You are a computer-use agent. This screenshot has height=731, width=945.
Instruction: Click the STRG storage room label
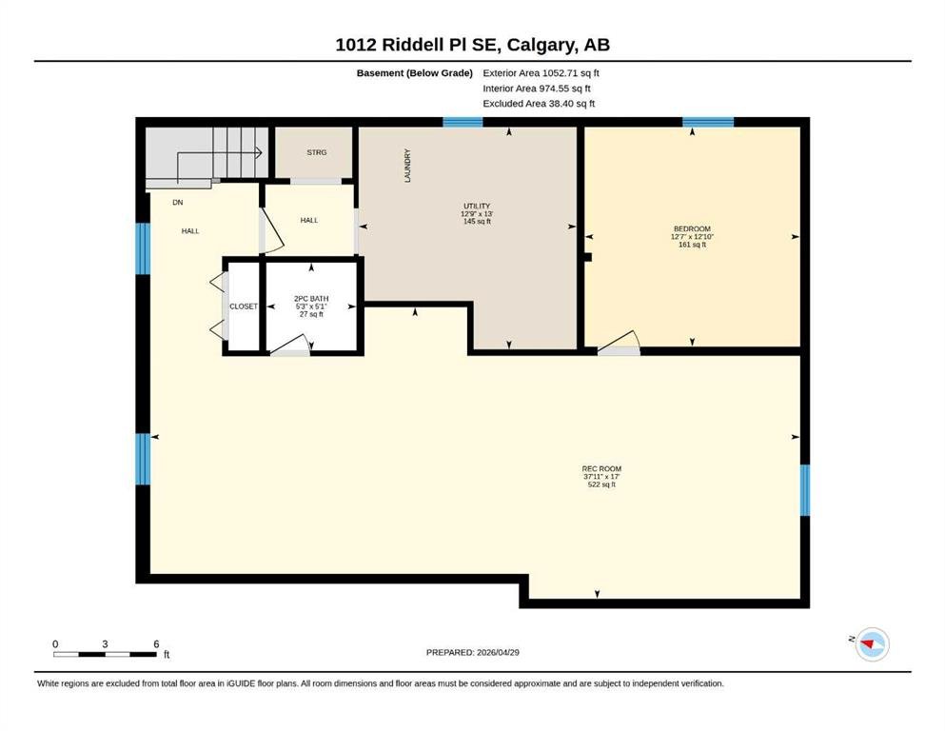point(316,152)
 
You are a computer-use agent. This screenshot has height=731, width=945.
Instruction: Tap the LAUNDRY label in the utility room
point(407,166)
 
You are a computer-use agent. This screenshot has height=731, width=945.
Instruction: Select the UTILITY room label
point(477,207)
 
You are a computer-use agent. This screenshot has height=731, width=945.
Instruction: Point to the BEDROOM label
point(692,229)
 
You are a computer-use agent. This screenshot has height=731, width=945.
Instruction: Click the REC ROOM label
point(601,469)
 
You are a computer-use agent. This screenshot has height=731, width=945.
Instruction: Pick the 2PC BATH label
point(311,299)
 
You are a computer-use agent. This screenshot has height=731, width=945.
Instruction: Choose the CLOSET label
point(244,306)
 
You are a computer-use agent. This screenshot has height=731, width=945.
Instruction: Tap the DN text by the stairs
point(178,203)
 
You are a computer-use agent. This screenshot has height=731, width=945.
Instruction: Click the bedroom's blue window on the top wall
point(708,123)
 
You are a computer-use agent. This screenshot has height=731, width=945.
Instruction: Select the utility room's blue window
point(463,123)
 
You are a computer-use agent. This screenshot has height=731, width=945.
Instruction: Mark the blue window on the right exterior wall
point(805,490)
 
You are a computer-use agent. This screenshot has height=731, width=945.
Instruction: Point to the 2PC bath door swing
point(290,345)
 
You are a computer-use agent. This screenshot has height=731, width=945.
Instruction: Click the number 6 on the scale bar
point(156,644)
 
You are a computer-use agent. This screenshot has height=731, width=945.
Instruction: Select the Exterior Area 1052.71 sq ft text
point(541,73)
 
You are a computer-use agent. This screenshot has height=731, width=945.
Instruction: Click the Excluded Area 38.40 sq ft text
point(539,104)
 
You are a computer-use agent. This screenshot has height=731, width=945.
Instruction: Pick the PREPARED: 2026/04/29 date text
point(472,652)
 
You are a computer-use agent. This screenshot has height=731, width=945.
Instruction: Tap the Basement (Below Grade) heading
point(415,73)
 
